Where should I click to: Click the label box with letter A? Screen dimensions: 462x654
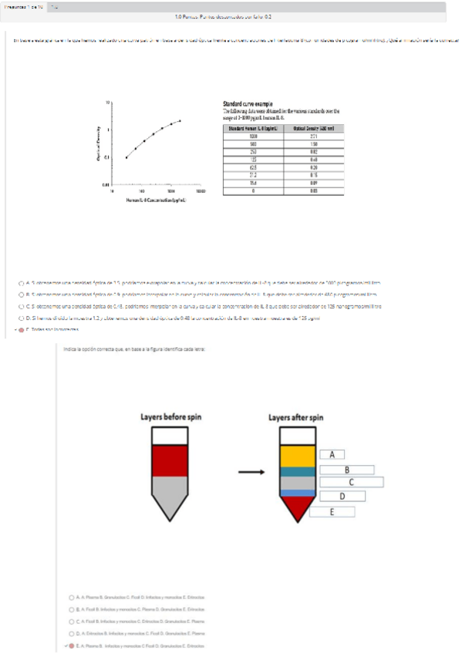(332, 454)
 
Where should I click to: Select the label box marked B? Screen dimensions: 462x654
(347, 469)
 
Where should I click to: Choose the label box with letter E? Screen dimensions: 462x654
(332, 511)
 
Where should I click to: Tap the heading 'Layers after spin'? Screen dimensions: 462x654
(296, 417)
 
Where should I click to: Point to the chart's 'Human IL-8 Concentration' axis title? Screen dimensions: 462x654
(153, 200)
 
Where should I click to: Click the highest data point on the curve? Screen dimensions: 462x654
(180, 120)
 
